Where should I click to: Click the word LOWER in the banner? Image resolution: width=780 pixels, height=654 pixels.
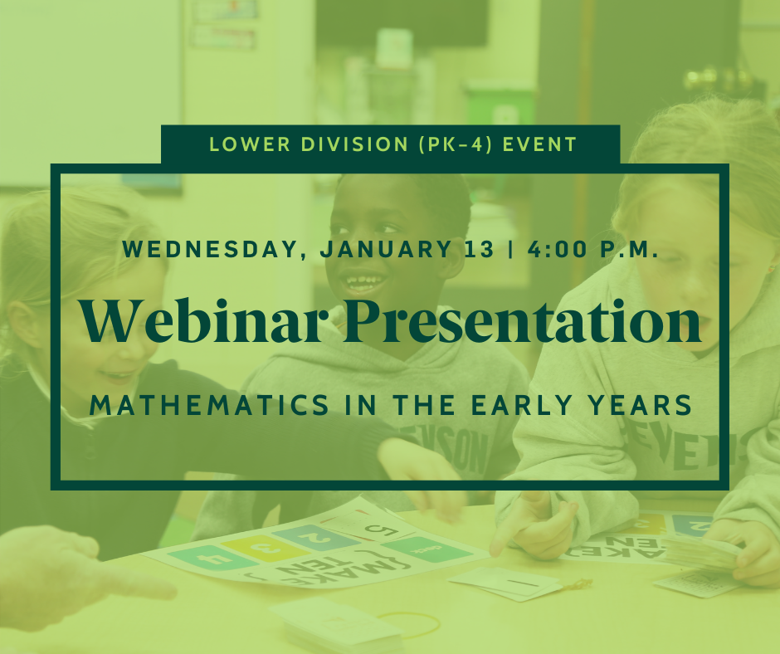[x=250, y=144]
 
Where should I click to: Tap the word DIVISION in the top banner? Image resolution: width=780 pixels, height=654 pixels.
[x=354, y=144]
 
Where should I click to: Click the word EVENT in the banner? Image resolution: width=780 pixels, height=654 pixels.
[x=539, y=144]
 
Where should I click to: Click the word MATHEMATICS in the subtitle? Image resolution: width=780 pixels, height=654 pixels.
[x=209, y=405]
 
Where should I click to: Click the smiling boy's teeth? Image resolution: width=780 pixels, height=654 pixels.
[x=363, y=281]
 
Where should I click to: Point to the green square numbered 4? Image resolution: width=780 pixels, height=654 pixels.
[x=212, y=558]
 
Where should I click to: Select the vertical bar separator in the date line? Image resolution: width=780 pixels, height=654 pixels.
[x=511, y=249]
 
